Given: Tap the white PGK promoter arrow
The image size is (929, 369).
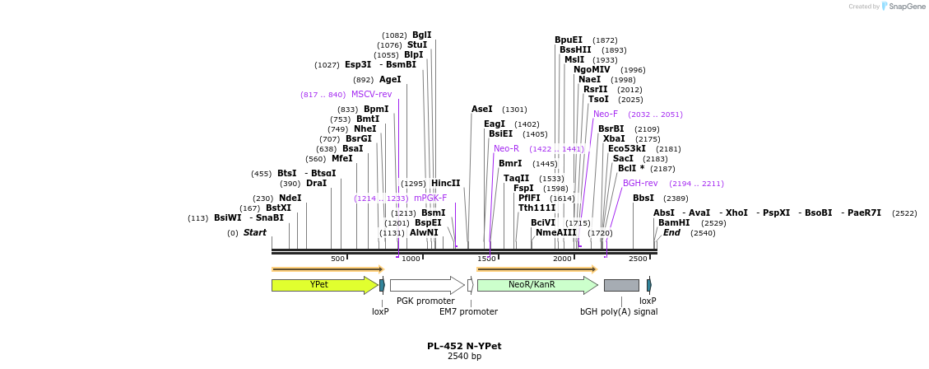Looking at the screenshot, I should pos(425,285).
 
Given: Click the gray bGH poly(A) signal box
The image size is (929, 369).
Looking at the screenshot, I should pos(621,285).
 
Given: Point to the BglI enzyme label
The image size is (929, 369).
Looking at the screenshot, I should pos(421,35).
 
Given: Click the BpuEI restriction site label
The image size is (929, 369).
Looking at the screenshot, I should pos(569,40).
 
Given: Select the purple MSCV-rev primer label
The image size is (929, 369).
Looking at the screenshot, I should pos(371,95).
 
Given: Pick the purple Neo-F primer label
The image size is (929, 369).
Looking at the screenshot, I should pos(606,114).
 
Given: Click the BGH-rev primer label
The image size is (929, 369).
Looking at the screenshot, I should pos(640,183).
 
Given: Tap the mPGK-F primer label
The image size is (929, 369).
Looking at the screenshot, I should pos(430,198).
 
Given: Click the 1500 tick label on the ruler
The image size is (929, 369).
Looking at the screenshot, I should pos(486,259).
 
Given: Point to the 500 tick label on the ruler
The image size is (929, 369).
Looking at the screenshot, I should pos(337,259).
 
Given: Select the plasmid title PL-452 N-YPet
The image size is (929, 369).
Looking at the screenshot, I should pos(464,346).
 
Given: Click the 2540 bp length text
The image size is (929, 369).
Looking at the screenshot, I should pos(464,357).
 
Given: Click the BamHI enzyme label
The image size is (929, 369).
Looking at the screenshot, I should pos(674,222).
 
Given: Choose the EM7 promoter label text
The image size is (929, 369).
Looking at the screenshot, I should pos(468,311).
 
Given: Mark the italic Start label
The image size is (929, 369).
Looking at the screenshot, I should pos(255,232).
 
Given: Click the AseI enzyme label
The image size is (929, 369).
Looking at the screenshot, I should pos(482,109).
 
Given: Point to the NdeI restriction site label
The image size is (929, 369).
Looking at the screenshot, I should pos(290,198).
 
